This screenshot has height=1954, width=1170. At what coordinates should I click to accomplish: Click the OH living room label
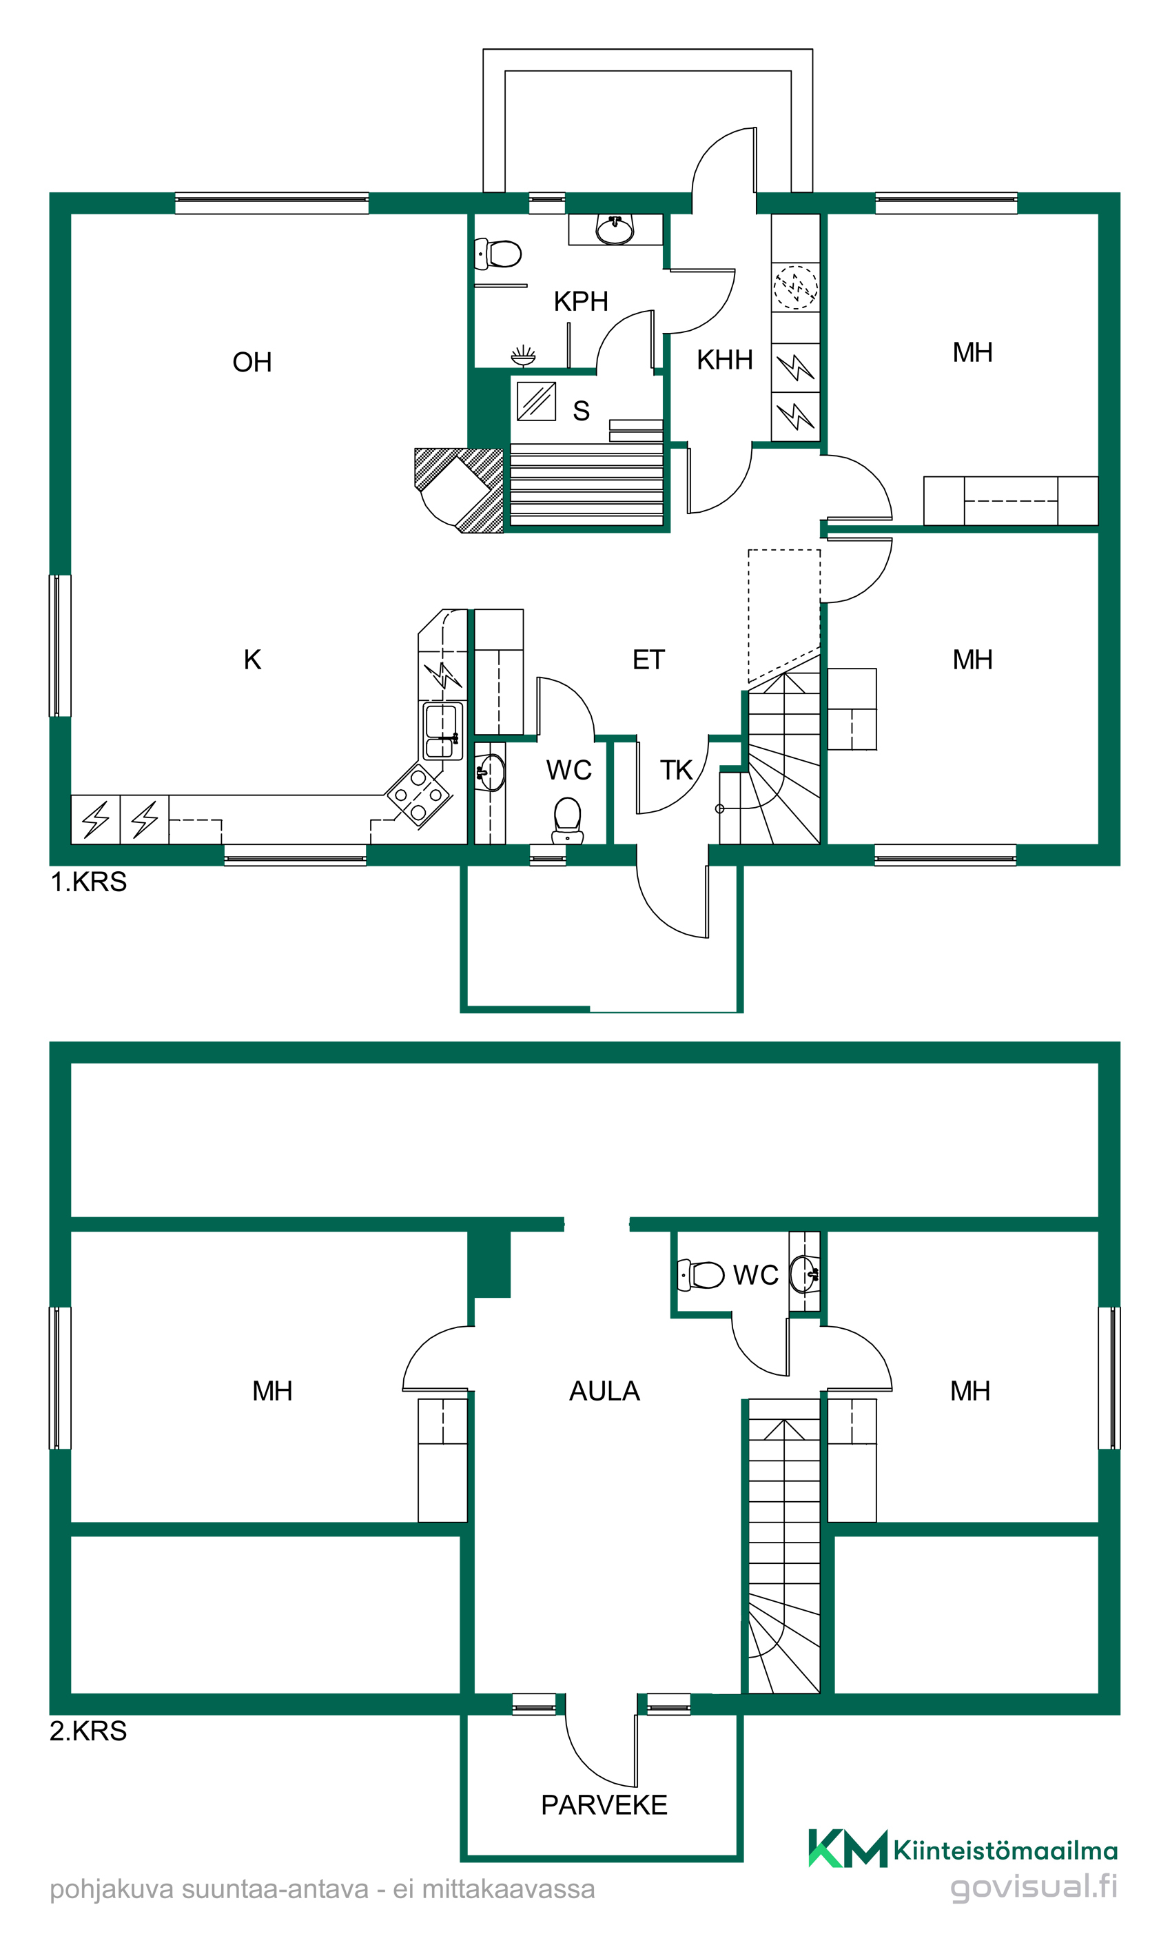click(252, 362)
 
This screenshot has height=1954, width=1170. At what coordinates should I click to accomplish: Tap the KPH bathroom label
click(581, 301)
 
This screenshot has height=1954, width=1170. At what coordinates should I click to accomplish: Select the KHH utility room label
click(725, 360)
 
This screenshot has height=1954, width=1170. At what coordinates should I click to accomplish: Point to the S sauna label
click(581, 411)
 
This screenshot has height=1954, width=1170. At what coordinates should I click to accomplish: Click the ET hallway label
click(649, 660)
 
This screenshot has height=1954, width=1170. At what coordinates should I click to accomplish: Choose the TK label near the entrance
click(677, 771)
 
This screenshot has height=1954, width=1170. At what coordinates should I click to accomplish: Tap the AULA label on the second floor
click(605, 1391)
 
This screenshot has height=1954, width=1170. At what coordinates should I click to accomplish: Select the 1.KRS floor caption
click(88, 882)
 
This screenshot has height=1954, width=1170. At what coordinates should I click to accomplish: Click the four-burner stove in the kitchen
click(418, 795)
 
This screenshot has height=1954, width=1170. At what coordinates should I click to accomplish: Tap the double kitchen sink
click(442, 732)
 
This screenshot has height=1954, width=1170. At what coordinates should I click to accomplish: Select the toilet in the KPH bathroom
click(498, 254)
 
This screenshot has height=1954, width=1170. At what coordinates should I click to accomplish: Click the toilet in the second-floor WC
click(701, 1275)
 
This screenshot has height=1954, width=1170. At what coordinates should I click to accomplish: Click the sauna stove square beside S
click(537, 401)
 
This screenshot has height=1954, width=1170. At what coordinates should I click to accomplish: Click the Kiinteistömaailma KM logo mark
click(848, 1849)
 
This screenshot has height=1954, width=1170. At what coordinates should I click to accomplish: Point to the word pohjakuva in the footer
click(111, 1890)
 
